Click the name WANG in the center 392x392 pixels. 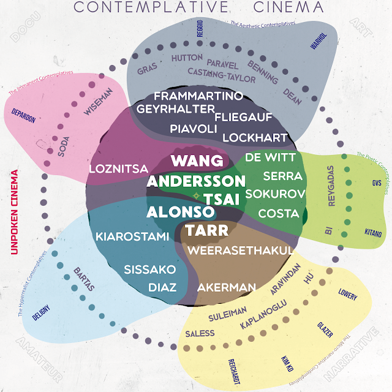point(197,161)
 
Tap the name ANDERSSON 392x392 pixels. point(196,181)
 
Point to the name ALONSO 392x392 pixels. point(180,212)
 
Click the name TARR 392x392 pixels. point(206,230)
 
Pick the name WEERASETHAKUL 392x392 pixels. point(241,250)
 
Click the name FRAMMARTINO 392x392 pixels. point(198,96)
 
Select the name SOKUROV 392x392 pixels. point(275,194)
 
